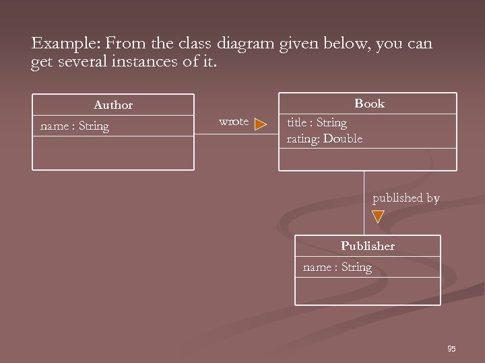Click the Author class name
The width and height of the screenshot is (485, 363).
click(113, 105)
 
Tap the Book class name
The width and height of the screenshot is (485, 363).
click(369, 104)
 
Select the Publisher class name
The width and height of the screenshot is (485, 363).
click(367, 246)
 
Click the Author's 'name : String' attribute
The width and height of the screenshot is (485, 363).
click(75, 126)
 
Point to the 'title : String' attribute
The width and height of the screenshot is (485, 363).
click(317, 123)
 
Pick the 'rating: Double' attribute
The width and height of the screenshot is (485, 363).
click(324, 138)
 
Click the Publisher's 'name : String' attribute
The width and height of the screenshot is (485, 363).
click(337, 268)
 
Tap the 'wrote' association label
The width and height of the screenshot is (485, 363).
click(234, 122)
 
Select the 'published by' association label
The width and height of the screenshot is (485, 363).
click(406, 198)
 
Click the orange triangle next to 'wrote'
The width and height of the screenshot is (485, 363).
click(260, 124)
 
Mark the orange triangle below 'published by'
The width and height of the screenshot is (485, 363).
click(378, 216)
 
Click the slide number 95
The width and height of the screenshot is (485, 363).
click(451, 348)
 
